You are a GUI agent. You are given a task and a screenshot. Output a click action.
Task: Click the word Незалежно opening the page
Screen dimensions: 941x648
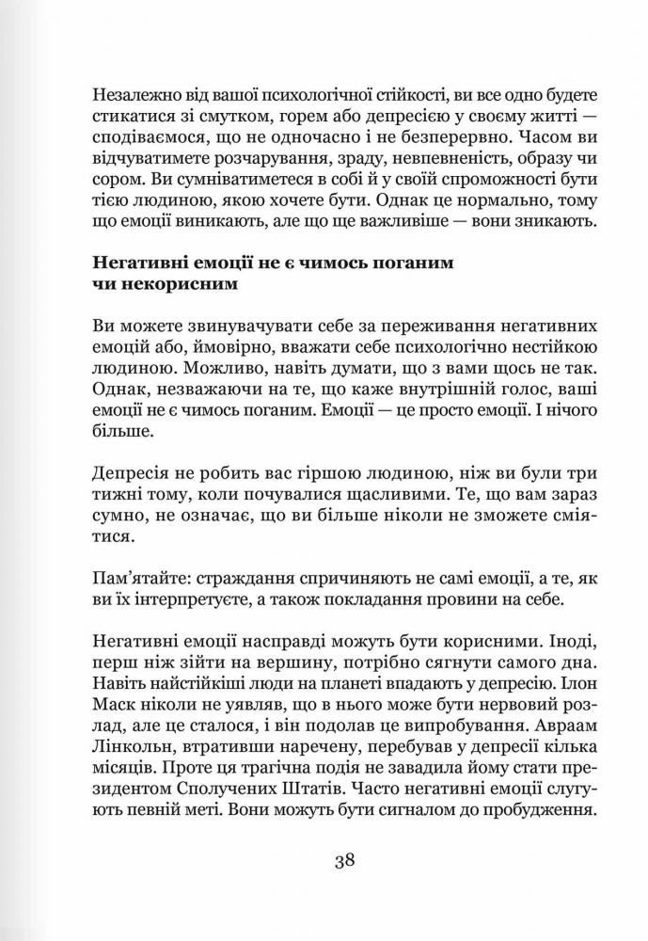click(x=133, y=98)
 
